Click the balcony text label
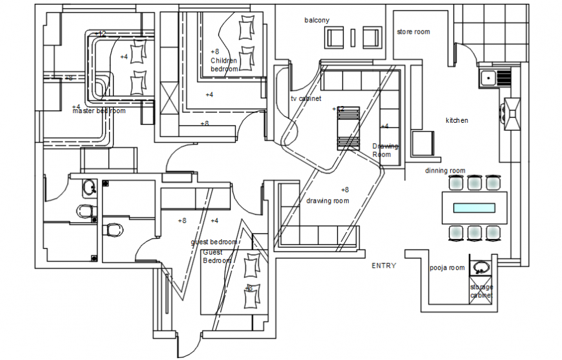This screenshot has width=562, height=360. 317,20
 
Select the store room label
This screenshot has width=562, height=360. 413,32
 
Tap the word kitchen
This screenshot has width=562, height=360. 457,120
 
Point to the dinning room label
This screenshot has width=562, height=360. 445,171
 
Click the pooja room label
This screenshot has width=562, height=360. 447,268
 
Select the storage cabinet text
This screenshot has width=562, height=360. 481,291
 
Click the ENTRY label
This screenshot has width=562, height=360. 384,266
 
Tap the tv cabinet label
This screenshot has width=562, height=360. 306,98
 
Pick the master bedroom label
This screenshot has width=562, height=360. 99,111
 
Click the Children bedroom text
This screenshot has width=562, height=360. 224,65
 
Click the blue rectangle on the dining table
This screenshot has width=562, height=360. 474,208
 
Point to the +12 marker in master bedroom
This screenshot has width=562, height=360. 100,34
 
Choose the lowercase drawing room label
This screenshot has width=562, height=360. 328,201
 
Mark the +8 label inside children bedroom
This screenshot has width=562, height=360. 214,51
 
